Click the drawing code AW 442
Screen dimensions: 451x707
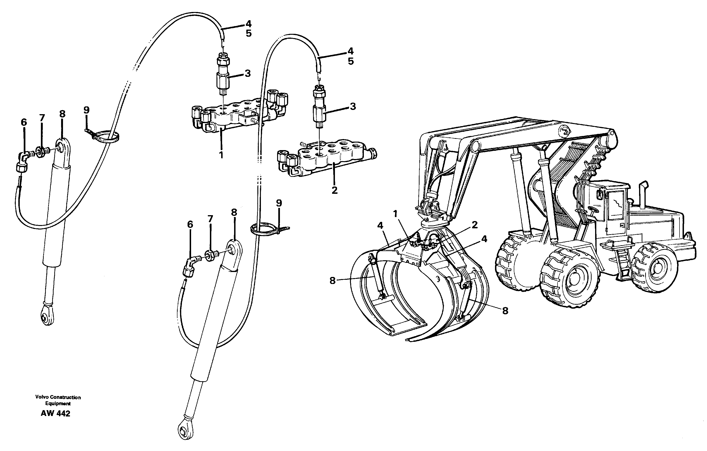55,414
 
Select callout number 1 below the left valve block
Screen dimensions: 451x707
221,155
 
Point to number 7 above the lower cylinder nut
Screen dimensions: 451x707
210,219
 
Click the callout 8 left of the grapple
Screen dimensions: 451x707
332,281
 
